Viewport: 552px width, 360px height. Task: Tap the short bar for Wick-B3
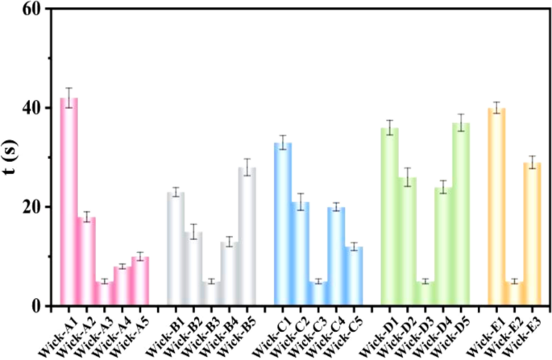tap(211, 293)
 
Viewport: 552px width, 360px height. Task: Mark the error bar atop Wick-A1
tap(70, 97)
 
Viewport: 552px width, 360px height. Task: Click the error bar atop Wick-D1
tap(390, 127)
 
